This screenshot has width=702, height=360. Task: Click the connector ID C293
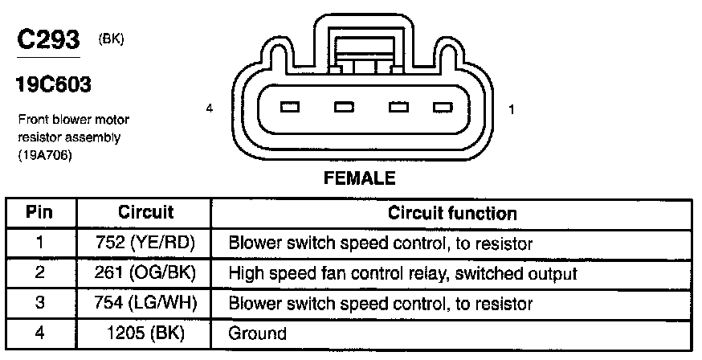click(x=47, y=41)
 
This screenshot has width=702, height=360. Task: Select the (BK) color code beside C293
click(x=111, y=39)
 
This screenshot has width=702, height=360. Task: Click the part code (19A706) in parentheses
click(x=45, y=156)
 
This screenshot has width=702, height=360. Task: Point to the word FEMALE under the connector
click(x=359, y=178)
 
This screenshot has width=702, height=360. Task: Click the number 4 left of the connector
click(x=209, y=108)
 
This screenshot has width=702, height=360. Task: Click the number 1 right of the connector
click(x=511, y=108)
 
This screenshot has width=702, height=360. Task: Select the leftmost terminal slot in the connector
click(x=291, y=107)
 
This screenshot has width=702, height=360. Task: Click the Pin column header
click(x=40, y=213)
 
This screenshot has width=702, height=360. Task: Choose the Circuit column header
click(x=146, y=213)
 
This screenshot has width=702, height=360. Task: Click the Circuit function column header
click(x=452, y=213)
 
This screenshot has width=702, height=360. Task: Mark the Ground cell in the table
click(x=258, y=333)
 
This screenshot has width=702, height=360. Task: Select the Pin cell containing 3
click(x=40, y=304)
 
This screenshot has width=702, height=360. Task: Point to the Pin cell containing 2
click(x=40, y=273)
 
